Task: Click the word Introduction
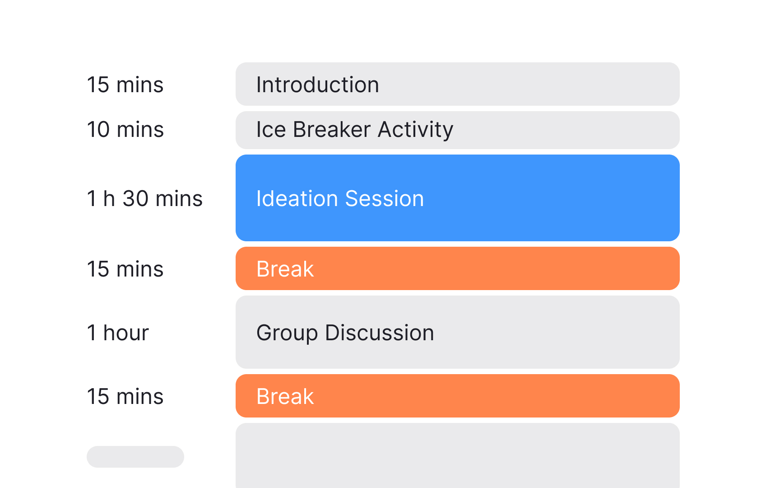[x=317, y=85]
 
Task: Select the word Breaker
[x=332, y=130]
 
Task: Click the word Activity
[x=415, y=130]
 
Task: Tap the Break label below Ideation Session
[x=285, y=269]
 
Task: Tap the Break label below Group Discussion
[x=285, y=397]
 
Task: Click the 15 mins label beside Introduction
[x=125, y=85]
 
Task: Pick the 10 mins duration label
[x=125, y=130]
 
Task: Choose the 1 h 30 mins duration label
[x=144, y=199]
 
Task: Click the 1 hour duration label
[x=117, y=333]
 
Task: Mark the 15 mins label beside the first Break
[x=125, y=269]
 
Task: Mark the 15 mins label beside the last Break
[x=125, y=397]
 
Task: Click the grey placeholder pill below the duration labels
[x=135, y=457]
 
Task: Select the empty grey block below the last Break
[x=457, y=456]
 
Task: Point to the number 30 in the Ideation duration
[x=135, y=199]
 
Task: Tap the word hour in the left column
[x=126, y=333]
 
